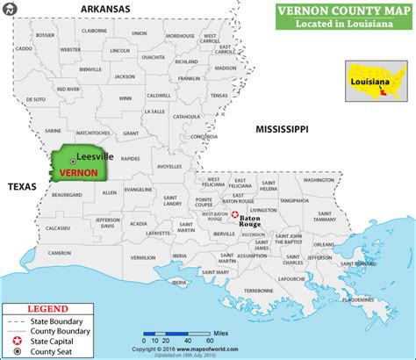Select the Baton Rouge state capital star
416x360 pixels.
[234, 220]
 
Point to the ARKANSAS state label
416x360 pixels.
[105, 9]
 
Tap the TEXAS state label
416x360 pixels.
[18, 187]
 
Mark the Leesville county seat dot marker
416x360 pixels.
[73, 162]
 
